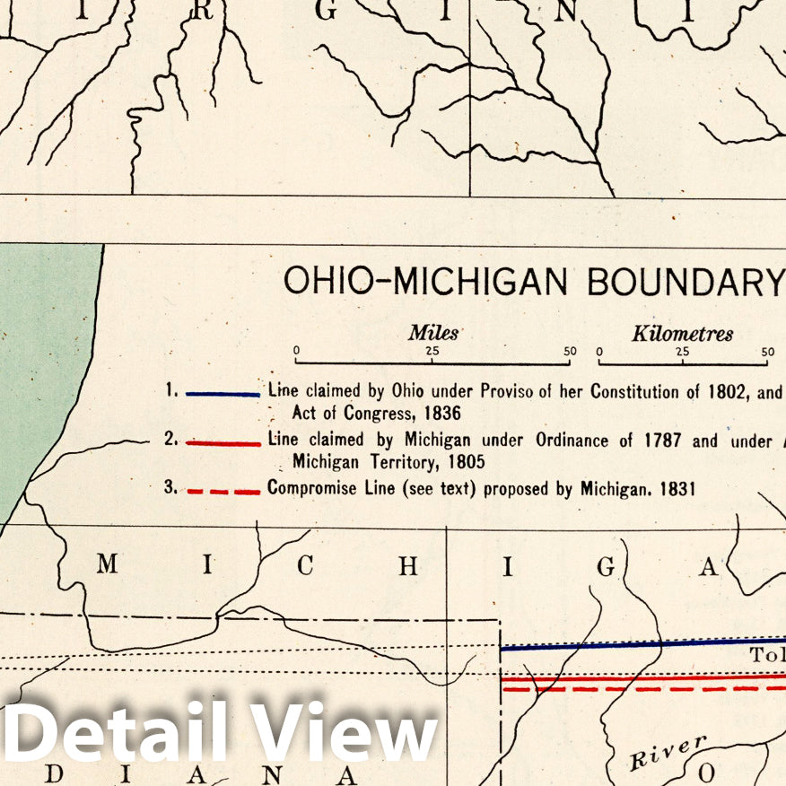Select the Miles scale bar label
point(433,334)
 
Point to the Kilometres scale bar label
point(682,334)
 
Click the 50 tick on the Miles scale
point(570,352)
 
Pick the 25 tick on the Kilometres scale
point(683,352)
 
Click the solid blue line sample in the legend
point(223,393)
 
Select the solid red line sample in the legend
point(223,442)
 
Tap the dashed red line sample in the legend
point(223,491)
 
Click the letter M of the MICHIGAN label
point(107,564)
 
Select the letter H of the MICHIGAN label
point(408,565)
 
